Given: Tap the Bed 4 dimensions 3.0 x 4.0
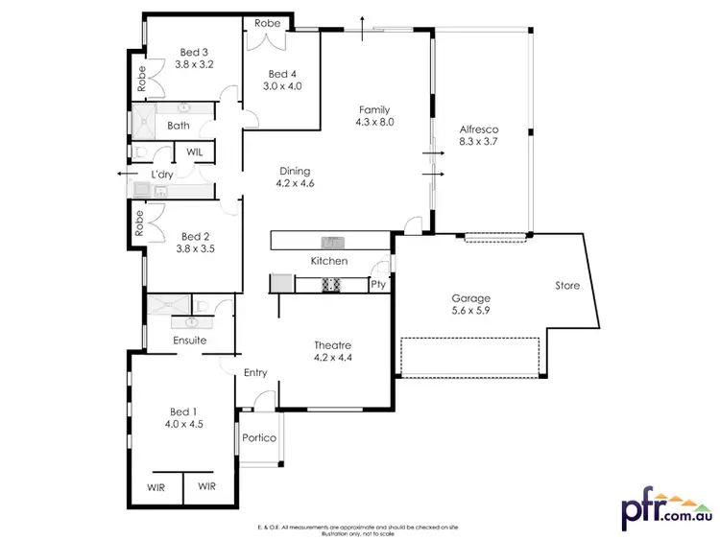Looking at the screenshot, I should pyautogui.click(x=282, y=86).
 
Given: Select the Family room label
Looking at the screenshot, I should pyautogui.click(x=374, y=109).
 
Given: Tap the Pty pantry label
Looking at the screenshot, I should pyautogui.click(x=378, y=285).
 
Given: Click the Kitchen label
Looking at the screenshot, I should pyautogui.click(x=328, y=261).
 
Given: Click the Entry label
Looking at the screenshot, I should pyautogui.click(x=255, y=373).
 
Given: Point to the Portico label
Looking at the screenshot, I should pyautogui.click(x=258, y=438).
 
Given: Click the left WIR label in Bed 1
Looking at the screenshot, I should pyautogui.click(x=156, y=487).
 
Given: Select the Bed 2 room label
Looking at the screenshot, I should pyautogui.click(x=194, y=236).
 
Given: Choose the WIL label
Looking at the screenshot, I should pyautogui.click(x=194, y=152).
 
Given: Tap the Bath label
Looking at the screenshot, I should pyautogui.click(x=179, y=126).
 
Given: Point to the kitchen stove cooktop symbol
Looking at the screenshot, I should pyautogui.click(x=331, y=283).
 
